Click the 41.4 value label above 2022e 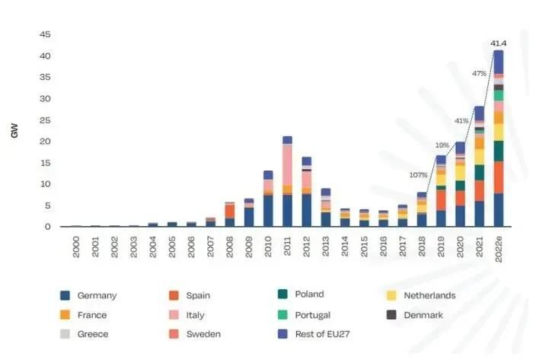coord(498,43)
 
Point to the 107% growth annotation coord(418,175)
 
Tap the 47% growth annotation coord(479,73)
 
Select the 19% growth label coord(442,145)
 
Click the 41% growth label coord(461,121)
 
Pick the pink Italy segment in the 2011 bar coord(287,165)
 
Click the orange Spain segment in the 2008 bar coord(230,211)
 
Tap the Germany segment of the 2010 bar coord(268,211)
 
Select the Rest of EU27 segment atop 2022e coord(498,62)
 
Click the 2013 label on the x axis coord(326,247)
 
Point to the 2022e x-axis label coord(498,250)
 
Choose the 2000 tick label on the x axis coord(76,247)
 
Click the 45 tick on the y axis coord(45,34)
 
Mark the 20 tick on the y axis coord(45,142)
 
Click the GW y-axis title coord(14,131)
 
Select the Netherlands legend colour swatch coord(391,295)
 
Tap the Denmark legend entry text coord(423,315)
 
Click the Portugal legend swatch coord(282,315)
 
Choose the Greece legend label coord(93,334)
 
